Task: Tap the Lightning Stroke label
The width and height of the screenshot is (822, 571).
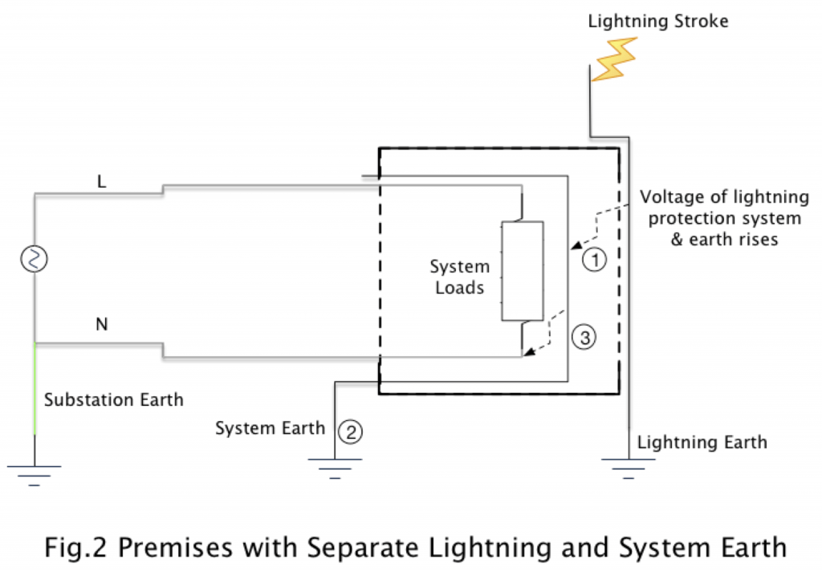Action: coord(657,21)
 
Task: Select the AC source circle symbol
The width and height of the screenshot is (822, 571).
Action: coord(35,259)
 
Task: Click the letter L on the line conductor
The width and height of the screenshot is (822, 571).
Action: coord(101,182)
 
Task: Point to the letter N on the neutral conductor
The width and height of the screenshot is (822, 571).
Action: coord(102,325)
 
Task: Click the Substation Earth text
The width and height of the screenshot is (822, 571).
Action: coord(113,399)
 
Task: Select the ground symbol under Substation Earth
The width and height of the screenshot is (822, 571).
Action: coord(35,473)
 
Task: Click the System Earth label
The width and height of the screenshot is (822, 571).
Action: coord(269,428)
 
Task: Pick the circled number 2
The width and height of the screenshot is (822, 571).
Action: coord(350,431)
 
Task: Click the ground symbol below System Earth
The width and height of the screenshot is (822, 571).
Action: coord(334,468)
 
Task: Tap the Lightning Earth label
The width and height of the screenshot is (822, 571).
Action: coord(702,442)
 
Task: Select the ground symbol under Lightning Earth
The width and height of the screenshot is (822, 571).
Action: coord(628,468)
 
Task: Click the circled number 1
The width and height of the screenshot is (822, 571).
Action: coord(592,260)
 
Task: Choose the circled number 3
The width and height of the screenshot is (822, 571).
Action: coord(584,338)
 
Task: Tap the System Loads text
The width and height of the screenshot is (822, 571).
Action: coord(459,277)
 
